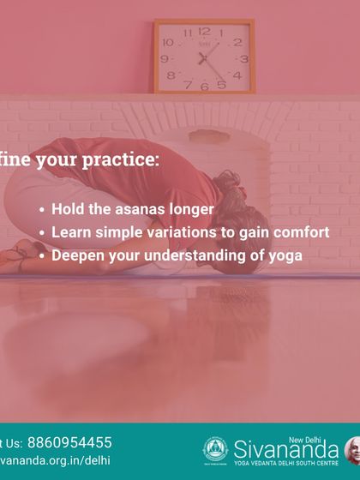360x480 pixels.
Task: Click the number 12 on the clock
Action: [x=204, y=31]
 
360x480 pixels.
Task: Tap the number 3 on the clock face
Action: [x=243, y=58]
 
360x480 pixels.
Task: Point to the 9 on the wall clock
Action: [x=165, y=58]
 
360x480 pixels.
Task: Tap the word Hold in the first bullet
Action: [x=67, y=208]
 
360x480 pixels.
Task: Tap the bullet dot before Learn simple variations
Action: [x=42, y=232]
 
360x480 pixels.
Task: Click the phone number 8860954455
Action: [x=69, y=442]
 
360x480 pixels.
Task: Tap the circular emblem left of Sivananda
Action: [x=214, y=449]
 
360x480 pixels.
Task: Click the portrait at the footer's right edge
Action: [x=352, y=449]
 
